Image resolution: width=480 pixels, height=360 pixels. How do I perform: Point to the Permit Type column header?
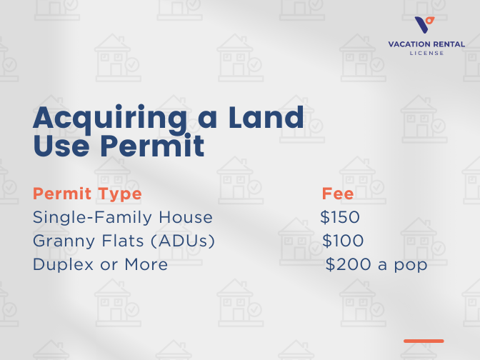tap(87, 194)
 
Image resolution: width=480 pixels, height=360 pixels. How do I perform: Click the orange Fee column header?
tap(338, 194)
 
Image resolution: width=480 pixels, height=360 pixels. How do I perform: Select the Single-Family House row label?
tap(123, 217)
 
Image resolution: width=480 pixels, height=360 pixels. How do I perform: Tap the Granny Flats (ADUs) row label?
tap(124, 241)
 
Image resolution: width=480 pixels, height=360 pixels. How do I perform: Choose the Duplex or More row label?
tap(101, 264)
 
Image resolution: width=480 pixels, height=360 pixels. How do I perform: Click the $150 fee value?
tap(340, 217)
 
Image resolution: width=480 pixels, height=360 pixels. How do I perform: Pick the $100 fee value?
tap(343, 241)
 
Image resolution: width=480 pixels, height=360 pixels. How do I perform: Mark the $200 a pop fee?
tap(376, 264)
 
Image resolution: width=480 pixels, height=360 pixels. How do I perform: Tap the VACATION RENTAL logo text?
tap(426, 44)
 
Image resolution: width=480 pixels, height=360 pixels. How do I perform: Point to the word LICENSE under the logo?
tap(426, 53)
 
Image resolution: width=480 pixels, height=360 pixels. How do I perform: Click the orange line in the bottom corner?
tap(424, 341)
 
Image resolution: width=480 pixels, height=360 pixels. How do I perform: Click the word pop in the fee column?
tap(413, 266)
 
